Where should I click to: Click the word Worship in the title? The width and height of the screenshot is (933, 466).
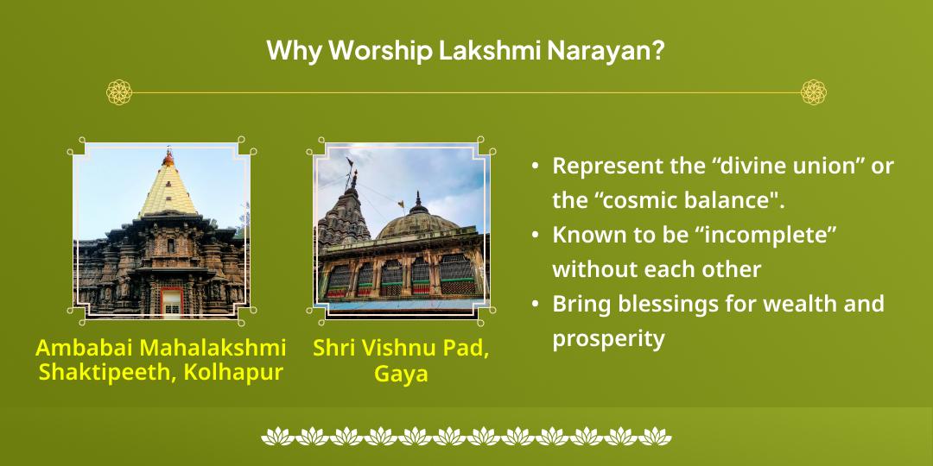pyautogui.click(x=382, y=51)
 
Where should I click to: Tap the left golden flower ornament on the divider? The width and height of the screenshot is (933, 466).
pyautogui.click(x=119, y=92)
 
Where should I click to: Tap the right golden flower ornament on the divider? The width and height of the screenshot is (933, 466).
pyautogui.click(x=814, y=92)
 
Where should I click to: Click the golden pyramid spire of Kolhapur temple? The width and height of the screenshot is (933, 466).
pyautogui.click(x=168, y=186)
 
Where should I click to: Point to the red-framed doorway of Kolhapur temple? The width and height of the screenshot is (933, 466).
pyautogui.click(x=171, y=301)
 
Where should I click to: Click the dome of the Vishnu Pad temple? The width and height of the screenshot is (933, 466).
pyautogui.click(x=419, y=223)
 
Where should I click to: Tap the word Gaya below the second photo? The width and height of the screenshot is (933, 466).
pyautogui.click(x=401, y=375)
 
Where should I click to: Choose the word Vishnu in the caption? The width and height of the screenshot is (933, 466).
pyautogui.click(x=397, y=348)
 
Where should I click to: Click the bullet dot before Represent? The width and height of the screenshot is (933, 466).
pyautogui.click(x=536, y=166)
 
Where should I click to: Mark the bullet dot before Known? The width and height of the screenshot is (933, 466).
pyautogui.click(x=536, y=235)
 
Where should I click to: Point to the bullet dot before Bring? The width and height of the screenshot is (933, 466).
pyautogui.click(x=536, y=304)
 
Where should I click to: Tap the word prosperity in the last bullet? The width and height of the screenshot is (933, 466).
pyautogui.click(x=608, y=339)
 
